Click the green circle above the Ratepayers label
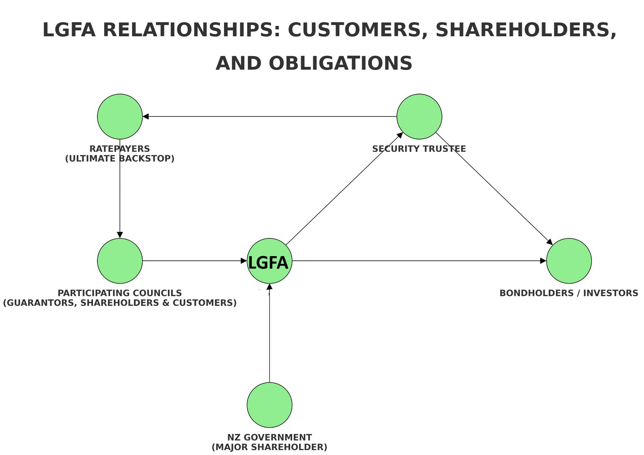pos(120,116)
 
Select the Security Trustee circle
pos(419,116)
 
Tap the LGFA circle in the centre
pos(269,261)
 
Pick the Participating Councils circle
pos(120,261)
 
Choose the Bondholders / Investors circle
pos(569,261)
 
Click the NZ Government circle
pos(269,405)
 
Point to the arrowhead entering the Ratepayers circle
pos(146,116)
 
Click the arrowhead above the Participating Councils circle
pos(120,235)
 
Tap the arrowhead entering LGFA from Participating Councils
pos(244,261)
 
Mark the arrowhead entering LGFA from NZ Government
pos(269,287)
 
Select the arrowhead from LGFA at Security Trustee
pos(400,135)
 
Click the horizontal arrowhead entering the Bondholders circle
pos(543,261)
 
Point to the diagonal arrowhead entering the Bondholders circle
pos(550,242)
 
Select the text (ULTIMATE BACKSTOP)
pos(120,159)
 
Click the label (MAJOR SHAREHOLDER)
pos(269,447)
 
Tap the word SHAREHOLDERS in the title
pos(525,30)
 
